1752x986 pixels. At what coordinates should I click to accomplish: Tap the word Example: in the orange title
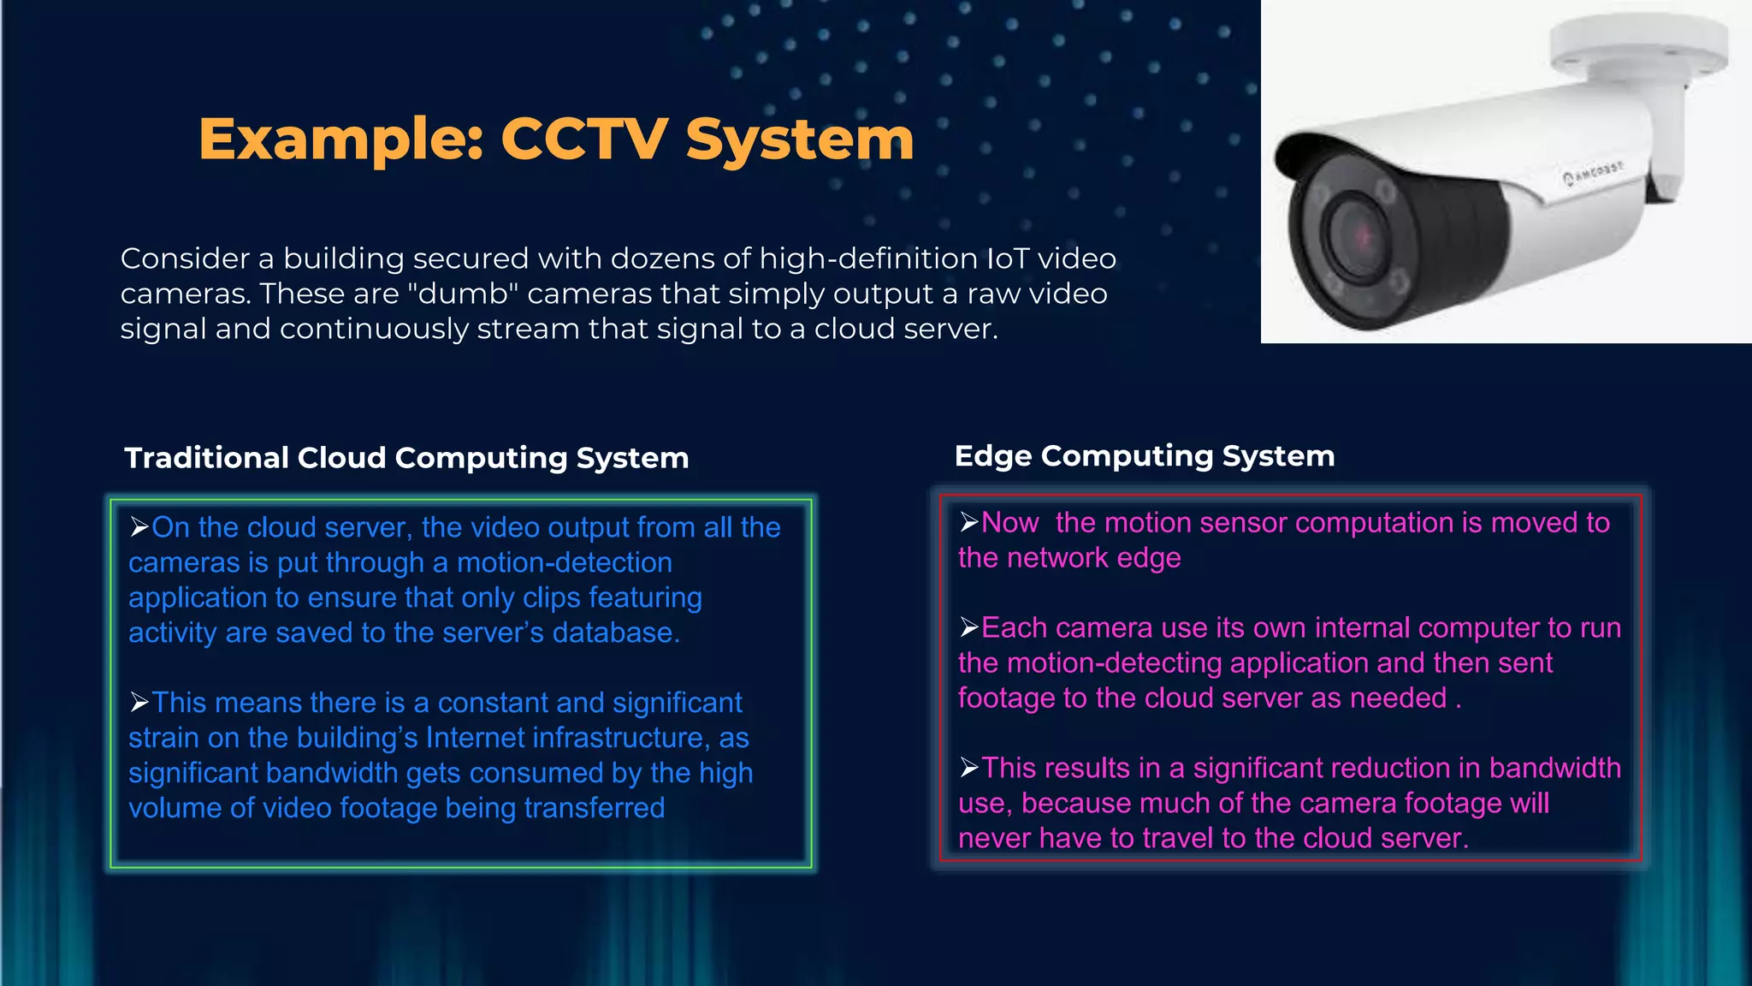pos(341,140)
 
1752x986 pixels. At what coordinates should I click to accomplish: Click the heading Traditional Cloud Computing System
pos(406,458)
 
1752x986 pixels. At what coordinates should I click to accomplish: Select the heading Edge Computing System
pos(1144,456)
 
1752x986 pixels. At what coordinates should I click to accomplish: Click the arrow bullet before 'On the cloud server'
pos(139,526)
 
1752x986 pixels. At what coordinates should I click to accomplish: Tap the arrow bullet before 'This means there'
pos(139,702)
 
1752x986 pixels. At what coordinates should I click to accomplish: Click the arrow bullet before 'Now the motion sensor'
pos(968,521)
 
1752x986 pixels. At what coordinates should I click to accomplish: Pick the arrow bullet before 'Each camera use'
pos(968,627)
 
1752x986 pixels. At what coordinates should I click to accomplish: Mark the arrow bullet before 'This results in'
pos(968,768)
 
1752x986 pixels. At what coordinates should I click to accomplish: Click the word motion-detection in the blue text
pos(565,562)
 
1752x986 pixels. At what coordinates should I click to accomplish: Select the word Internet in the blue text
pos(475,738)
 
